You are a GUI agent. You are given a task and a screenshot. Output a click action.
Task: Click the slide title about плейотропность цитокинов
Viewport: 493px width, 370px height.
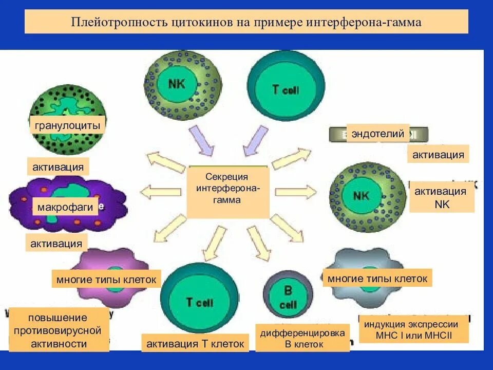pos(246,23)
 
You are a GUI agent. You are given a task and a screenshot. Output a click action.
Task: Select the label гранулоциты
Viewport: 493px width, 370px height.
pos(67,125)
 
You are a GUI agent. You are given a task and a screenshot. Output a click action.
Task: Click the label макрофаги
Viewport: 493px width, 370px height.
pos(65,207)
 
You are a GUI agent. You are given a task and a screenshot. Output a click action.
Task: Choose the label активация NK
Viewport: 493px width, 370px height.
pos(440,197)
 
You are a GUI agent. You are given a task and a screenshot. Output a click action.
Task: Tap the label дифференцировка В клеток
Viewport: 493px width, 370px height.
pos(302,338)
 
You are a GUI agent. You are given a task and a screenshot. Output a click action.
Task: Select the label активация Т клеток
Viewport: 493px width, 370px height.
pos(195,343)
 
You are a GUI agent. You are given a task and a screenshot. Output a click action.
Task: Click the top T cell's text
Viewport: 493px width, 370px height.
pos(285,89)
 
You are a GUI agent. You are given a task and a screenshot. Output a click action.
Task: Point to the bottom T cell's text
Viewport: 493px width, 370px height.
pos(199,302)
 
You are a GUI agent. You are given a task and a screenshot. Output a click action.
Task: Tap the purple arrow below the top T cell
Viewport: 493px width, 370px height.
pos(253,141)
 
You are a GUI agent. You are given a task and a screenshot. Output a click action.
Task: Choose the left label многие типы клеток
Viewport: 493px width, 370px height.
pos(106,280)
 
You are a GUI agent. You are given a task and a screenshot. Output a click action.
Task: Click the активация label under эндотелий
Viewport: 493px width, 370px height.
pos(438,154)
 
